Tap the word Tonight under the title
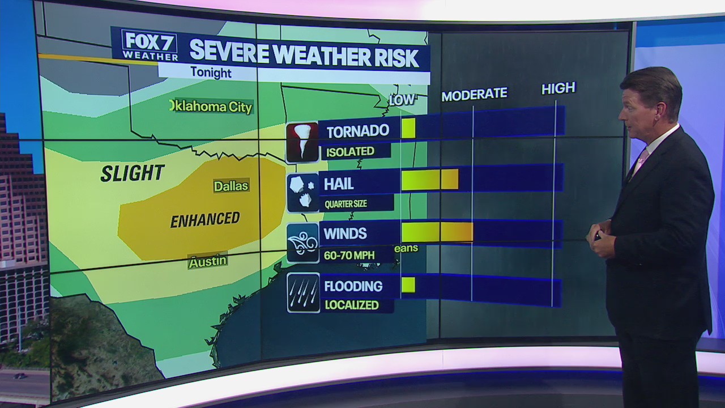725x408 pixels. coord(211,73)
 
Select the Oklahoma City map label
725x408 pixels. coord(211,106)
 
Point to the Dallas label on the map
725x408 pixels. coord(231,186)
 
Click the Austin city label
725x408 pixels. coord(208,261)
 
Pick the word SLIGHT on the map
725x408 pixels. coord(133,173)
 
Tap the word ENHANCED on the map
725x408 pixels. coord(205,219)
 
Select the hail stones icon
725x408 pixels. coord(302,193)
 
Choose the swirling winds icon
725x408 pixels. coord(302,243)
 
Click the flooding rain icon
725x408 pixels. coord(303,292)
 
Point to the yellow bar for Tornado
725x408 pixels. coord(408,128)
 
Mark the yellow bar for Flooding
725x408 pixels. coord(408,284)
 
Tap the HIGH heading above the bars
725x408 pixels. coord(558,88)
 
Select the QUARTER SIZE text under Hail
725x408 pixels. coord(345,204)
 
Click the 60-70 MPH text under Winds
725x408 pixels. coord(349,256)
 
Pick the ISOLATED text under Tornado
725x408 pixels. coord(350,151)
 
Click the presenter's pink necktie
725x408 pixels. coord(641,162)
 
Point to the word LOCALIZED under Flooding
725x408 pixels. coord(351,305)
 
